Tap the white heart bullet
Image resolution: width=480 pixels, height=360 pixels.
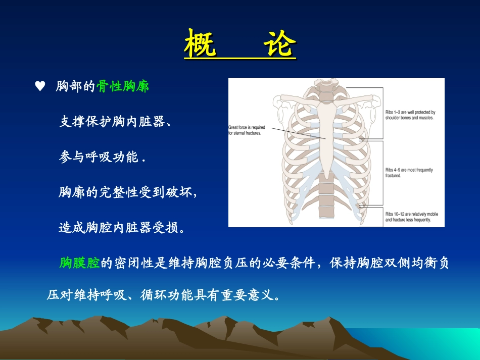tap(40, 86)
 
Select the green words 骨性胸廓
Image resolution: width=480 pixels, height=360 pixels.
tap(123, 86)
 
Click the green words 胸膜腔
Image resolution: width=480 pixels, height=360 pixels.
tap(80, 263)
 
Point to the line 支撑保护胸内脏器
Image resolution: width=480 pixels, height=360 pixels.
tap(112, 121)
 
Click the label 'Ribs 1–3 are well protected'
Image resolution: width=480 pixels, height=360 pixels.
tap(410, 115)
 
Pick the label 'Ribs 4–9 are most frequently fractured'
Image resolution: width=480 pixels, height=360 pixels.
tap(409, 173)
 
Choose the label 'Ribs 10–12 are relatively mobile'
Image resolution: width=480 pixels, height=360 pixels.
tap(411, 217)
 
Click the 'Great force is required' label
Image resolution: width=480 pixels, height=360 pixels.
tap(247, 130)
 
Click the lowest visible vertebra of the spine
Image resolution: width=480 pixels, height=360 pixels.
tap(326, 212)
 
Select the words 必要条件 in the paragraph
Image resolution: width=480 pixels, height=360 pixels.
tap(289, 263)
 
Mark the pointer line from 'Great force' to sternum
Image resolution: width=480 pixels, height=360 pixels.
tap(299, 133)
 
